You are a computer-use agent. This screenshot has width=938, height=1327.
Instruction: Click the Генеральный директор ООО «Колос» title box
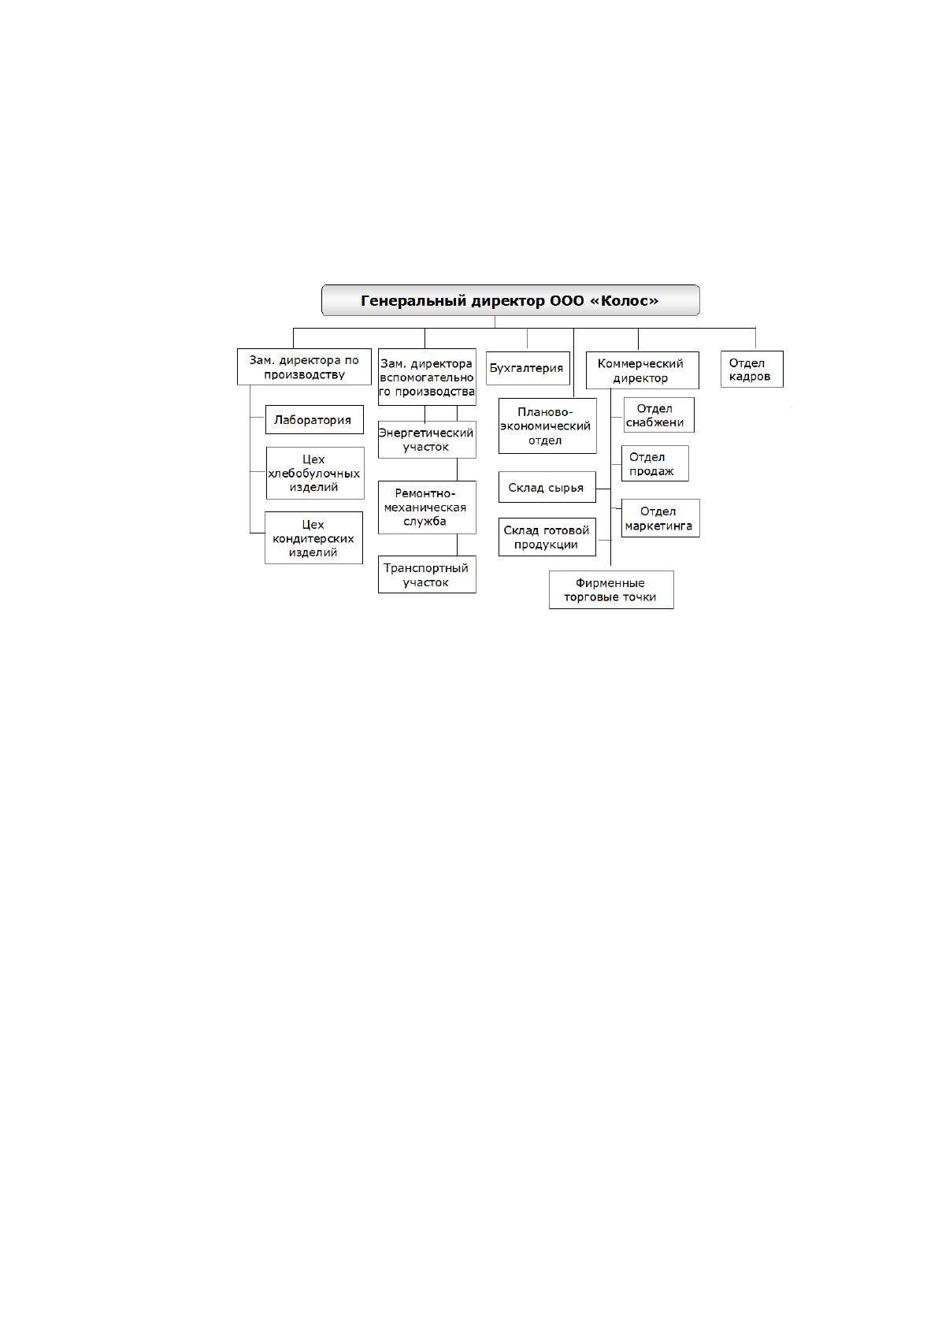click(x=510, y=300)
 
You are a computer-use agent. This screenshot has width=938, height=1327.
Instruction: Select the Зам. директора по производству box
click(x=304, y=366)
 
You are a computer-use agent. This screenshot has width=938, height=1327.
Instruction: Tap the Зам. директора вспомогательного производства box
click(x=426, y=377)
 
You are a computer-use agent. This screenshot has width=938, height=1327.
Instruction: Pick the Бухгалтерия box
click(x=528, y=368)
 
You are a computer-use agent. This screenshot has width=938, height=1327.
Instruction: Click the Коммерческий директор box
click(x=642, y=370)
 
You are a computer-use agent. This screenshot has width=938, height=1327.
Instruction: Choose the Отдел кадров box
click(x=751, y=369)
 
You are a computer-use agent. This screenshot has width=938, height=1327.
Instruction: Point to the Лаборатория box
click(x=314, y=419)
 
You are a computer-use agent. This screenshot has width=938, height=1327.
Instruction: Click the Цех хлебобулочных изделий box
click(x=314, y=473)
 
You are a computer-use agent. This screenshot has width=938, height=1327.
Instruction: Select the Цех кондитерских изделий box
click(x=313, y=537)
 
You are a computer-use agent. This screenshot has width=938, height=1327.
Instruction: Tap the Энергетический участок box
click(x=426, y=439)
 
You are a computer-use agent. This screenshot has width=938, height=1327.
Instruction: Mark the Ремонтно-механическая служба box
click(x=426, y=507)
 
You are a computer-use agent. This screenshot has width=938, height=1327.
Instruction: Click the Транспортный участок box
click(x=426, y=574)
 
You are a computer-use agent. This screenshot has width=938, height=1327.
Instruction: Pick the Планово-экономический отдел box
click(x=547, y=426)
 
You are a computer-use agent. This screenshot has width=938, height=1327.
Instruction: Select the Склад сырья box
click(x=547, y=487)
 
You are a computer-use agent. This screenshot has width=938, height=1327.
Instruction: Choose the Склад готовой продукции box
click(x=547, y=537)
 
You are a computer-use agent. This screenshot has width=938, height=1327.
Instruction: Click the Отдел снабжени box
click(x=658, y=414)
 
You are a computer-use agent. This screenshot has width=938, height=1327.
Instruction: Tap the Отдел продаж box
click(x=654, y=463)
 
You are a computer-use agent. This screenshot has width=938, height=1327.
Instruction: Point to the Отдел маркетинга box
click(x=660, y=518)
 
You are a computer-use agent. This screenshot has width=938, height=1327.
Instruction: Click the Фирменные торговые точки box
click(x=610, y=589)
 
